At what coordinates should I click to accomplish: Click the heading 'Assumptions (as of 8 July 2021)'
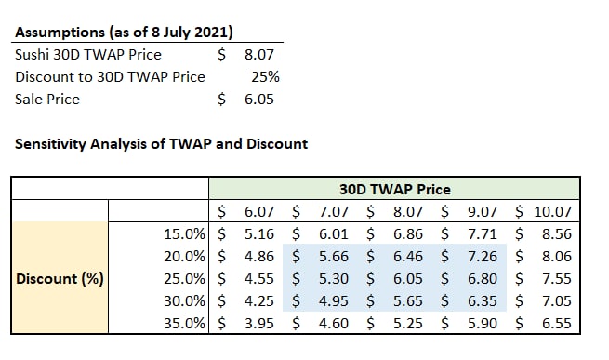(124, 32)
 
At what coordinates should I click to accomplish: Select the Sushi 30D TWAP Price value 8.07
(259, 55)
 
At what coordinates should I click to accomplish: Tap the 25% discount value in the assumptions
(265, 76)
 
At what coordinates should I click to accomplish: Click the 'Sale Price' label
(47, 100)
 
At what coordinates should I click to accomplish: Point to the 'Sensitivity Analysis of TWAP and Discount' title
(161, 144)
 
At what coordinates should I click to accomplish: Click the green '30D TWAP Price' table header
(395, 190)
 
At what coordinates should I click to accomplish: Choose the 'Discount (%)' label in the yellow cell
(60, 279)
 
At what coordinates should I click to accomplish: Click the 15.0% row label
(184, 234)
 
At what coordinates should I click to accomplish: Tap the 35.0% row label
(184, 324)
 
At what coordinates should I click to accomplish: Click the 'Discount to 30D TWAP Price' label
(110, 76)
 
